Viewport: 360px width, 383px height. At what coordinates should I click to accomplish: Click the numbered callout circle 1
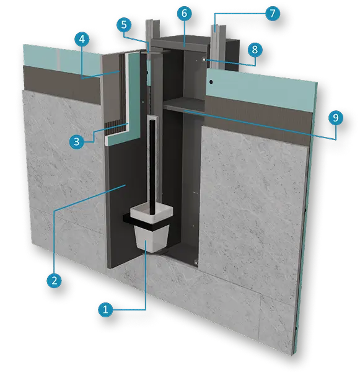[105, 310]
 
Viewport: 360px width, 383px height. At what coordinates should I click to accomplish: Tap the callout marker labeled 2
[54, 280]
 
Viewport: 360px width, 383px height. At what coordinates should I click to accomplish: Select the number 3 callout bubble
[76, 142]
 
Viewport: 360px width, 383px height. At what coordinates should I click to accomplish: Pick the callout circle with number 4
[82, 39]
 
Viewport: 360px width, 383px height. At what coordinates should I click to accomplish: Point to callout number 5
[124, 25]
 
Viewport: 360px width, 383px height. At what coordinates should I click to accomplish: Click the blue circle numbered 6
[185, 13]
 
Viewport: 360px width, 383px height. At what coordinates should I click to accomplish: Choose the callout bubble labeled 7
[272, 13]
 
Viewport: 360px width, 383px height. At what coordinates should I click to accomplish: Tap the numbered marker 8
[255, 50]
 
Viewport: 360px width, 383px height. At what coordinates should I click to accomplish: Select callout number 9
[336, 118]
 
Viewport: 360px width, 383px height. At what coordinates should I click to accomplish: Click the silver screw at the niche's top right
[203, 59]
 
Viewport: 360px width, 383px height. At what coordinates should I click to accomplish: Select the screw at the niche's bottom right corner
[196, 263]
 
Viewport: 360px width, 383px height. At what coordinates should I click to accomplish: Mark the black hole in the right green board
[211, 82]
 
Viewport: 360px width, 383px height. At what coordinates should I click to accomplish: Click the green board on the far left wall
[61, 59]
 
